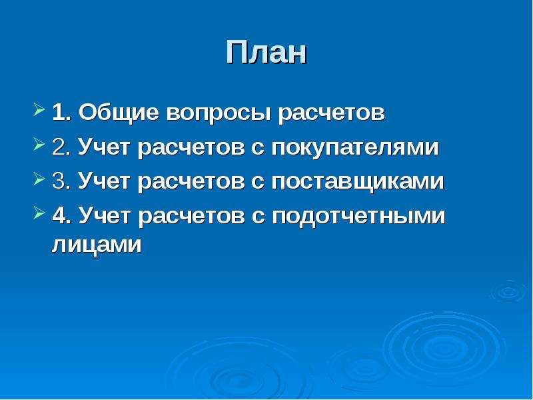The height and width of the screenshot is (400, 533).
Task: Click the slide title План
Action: pyautogui.click(x=266, y=52)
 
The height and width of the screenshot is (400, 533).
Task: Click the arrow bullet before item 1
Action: pyautogui.click(x=39, y=111)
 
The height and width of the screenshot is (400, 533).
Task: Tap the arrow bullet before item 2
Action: pyautogui.click(x=39, y=145)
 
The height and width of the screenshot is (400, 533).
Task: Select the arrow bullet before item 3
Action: pyautogui.click(x=39, y=179)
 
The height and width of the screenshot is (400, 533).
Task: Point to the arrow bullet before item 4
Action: pyautogui.click(x=39, y=213)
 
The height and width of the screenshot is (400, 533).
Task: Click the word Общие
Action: pyautogui.click(x=119, y=113)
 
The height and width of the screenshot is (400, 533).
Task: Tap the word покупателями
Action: pyautogui.click(x=355, y=149)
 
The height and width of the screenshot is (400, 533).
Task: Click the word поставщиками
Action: pyautogui.click(x=358, y=182)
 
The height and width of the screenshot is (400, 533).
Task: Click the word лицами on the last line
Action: pyautogui.click(x=97, y=245)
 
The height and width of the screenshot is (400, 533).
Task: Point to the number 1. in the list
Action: pyautogui.click(x=61, y=113)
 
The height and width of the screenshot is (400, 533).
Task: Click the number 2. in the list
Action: pyautogui.click(x=61, y=147)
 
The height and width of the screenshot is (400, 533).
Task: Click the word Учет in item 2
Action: pyautogui.click(x=104, y=148)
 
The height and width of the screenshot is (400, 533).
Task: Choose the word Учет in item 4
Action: pyautogui.click(x=104, y=217)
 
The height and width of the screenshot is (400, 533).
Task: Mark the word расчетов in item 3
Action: pyautogui.click(x=191, y=183)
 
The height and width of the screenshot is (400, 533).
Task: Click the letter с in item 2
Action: pyautogui.click(x=258, y=149)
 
